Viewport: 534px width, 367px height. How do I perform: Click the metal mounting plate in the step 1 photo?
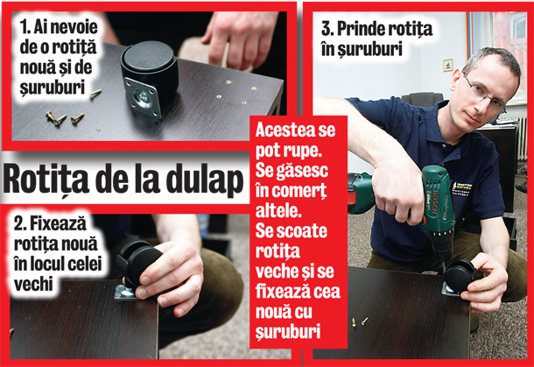tap(143, 96)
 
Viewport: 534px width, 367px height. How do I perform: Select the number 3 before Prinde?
tap(326, 29)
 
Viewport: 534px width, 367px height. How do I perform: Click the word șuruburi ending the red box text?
tap(288, 332)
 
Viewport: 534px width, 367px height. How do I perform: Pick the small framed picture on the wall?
tap(448, 65)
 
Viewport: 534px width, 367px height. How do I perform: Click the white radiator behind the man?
tap(522, 138)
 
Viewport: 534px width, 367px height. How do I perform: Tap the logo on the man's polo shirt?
tap(462, 188)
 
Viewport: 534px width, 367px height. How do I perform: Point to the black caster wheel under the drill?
tap(459, 274)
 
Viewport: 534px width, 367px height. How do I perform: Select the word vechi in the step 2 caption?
tap(33, 284)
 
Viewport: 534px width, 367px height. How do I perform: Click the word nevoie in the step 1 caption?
tap(74, 27)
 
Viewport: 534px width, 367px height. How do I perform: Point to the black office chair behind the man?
tap(423, 99)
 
